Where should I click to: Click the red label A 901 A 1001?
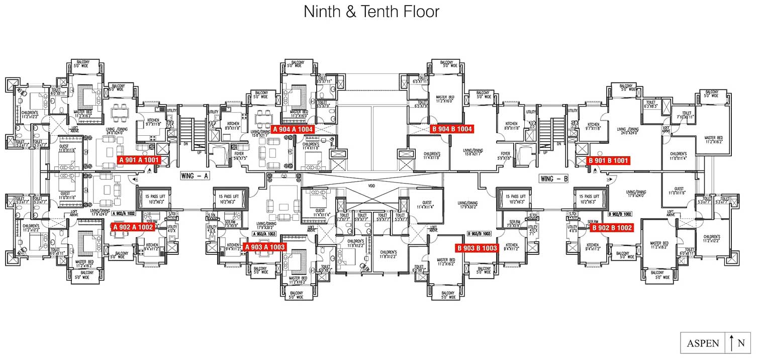click(x=139, y=160)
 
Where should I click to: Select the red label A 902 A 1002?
click(x=133, y=227)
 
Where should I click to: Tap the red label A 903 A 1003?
click(x=264, y=247)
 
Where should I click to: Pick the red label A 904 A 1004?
click(x=293, y=129)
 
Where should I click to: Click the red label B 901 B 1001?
click(x=608, y=161)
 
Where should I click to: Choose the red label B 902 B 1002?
click(x=612, y=228)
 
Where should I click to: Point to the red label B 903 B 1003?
click(x=477, y=248)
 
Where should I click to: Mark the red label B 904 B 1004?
click(x=452, y=129)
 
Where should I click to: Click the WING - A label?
click(x=195, y=176)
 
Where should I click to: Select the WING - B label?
click(x=553, y=178)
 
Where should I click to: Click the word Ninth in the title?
click(x=321, y=12)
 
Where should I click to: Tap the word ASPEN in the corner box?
click(x=703, y=343)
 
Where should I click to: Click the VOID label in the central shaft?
click(x=371, y=186)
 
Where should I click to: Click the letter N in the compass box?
click(x=741, y=343)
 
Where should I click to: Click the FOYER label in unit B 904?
click(x=505, y=154)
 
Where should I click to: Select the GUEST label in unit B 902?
click(x=679, y=190)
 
